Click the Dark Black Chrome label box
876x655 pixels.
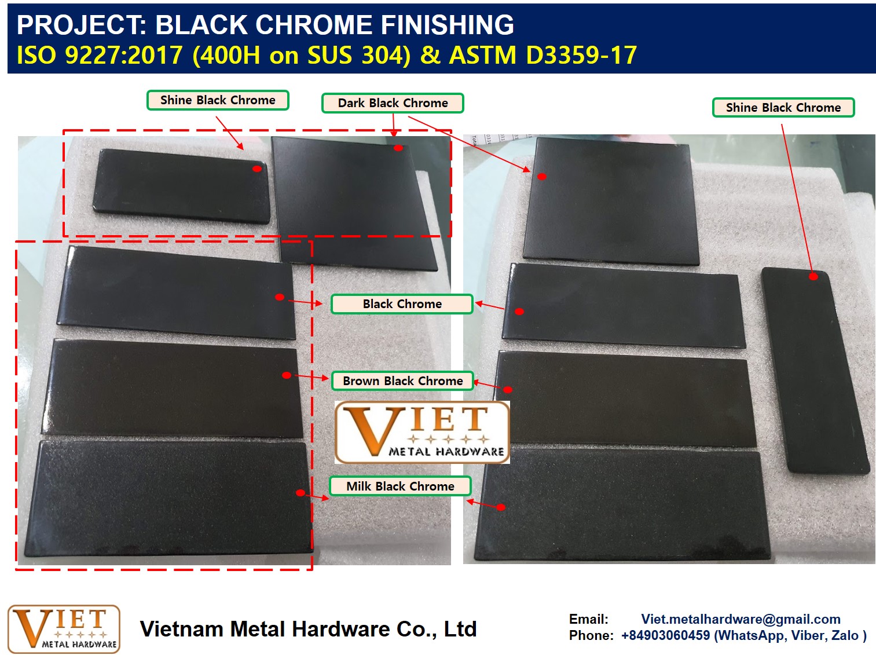pos(393,103)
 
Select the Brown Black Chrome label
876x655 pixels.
pos(402,381)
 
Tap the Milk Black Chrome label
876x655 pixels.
pos(400,486)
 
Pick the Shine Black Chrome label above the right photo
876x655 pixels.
pos(783,107)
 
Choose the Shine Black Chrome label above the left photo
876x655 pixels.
pos(218,100)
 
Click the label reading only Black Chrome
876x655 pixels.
pos(402,304)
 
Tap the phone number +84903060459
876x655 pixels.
pos(666,635)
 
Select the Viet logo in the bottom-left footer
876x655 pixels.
pos(64,629)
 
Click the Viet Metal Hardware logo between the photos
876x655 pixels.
pos(422,432)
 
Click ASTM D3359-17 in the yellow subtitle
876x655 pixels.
pos(543,54)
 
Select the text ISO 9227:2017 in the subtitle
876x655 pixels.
pos(100,54)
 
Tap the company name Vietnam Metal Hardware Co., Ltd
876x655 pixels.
pos(308,629)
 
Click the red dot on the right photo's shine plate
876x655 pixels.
pos(813,276)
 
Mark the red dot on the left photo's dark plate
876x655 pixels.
pos(398,148)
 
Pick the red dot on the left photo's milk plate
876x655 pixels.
pos(301,493)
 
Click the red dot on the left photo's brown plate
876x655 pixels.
pos(287,375)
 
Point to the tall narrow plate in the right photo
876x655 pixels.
pos(815,371)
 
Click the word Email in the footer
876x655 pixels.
pos(589,619)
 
